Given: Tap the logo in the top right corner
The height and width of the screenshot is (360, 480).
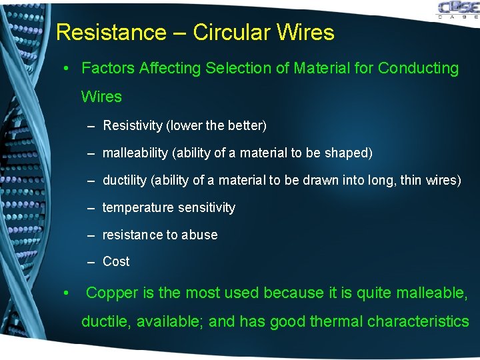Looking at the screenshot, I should point(457,10).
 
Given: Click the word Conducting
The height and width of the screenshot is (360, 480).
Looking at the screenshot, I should point(418,68).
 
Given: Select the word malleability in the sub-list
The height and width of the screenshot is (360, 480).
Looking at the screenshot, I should point(135,153).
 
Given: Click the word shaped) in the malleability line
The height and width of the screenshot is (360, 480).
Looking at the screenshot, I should point(349,153).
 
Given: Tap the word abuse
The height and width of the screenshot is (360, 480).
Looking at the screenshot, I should point(199,235).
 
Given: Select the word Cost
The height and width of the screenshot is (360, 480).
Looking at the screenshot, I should point(116,261).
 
